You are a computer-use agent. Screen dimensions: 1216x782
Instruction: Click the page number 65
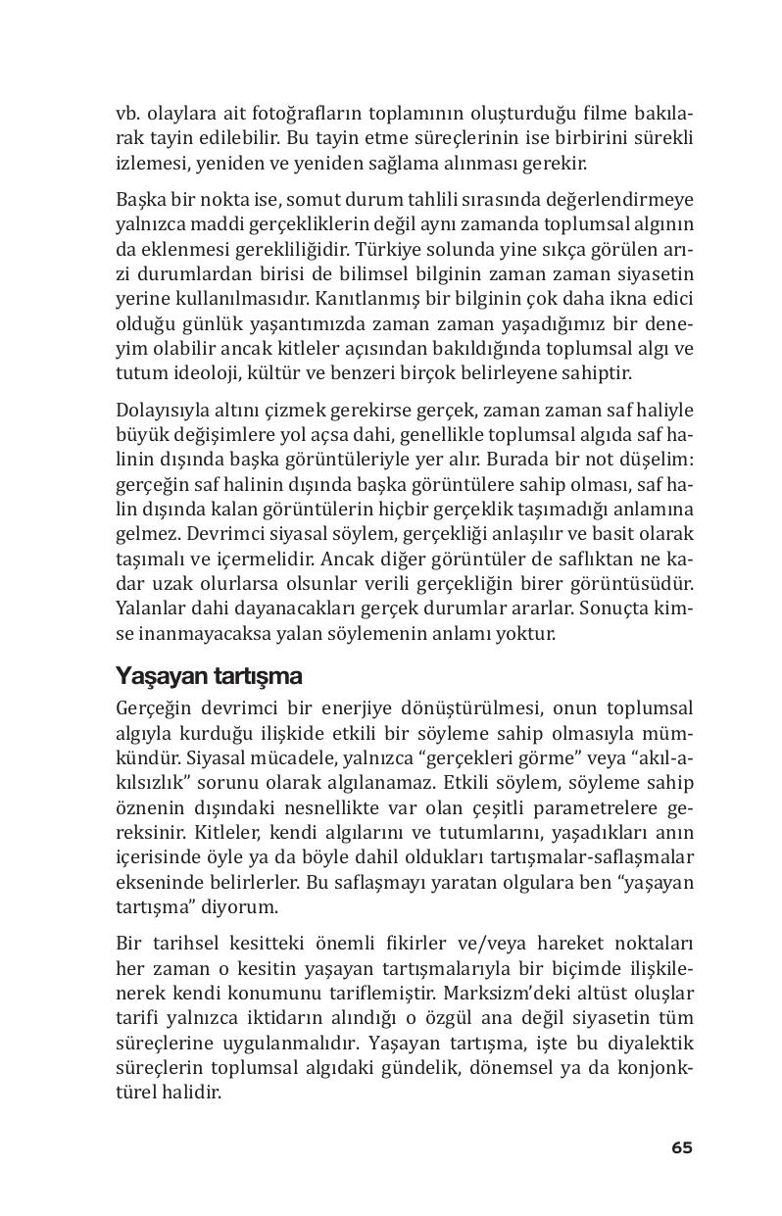[682, 1147]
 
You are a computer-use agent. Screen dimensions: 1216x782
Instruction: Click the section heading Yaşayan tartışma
[209, 676]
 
